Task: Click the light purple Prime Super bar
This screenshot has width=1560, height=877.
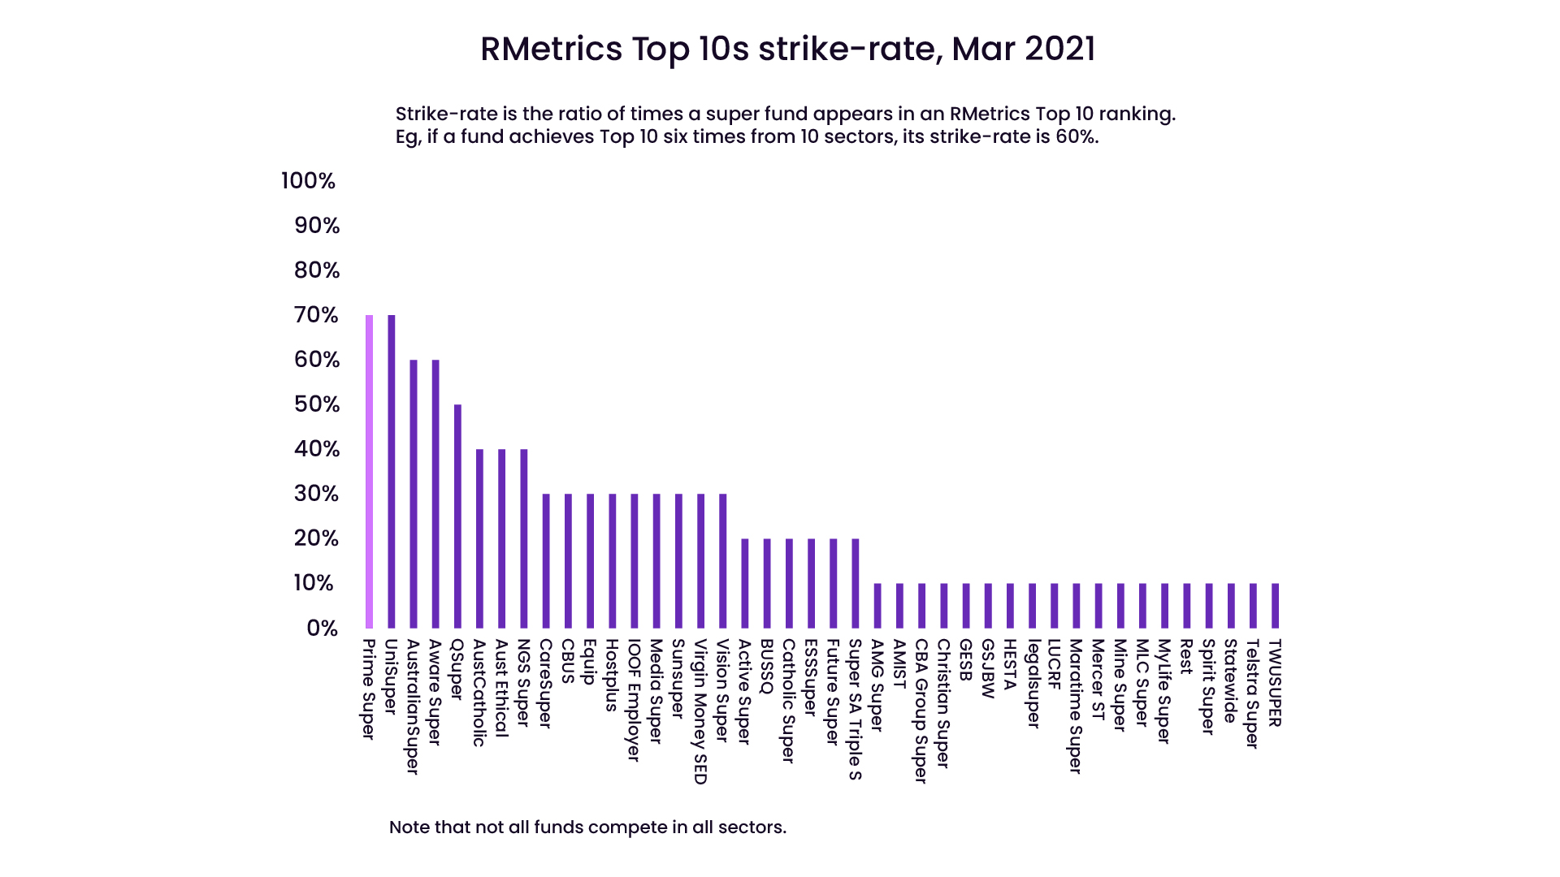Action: pyautogui.click(x=369, y=471)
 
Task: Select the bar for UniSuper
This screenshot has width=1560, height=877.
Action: pyautogui.click(x=391, y=471)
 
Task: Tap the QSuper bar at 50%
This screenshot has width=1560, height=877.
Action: pyautogui.click(x=457, y=516)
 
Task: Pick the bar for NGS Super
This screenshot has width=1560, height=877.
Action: pyautogui.click(x=524, y=538)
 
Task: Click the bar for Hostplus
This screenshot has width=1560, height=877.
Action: pyautogui.click(x=613, y=560)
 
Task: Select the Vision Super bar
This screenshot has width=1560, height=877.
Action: pyautogui.click(x=723, y=560)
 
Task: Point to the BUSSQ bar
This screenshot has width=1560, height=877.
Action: pyautogui.click(x=767, y=583)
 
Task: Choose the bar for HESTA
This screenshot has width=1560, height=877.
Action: pyautogui.click(x=1010, y=605)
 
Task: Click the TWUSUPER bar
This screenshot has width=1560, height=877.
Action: pyautogui.click(x=1275, y=605)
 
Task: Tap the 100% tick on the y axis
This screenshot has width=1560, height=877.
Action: pyautogui.click(x=308, y=181)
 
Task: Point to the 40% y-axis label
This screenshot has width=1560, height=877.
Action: pyautogui.click(x=317, y=449)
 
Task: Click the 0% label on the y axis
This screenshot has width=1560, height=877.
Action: pyautogui.click(x=322, y=629)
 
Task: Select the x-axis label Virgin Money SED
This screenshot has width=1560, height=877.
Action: pyautogui.click(x=700, y=711)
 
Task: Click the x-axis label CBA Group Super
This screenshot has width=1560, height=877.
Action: pyautogui.click(x=921, y=711)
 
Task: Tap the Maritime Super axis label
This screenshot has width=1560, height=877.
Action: pyautogui.click(x=1076, y=706)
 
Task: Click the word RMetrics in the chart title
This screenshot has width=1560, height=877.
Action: pyautogui.click(x=551, y=49)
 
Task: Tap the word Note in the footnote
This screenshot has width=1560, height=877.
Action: pyautogui.click(x=409, y=827)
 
